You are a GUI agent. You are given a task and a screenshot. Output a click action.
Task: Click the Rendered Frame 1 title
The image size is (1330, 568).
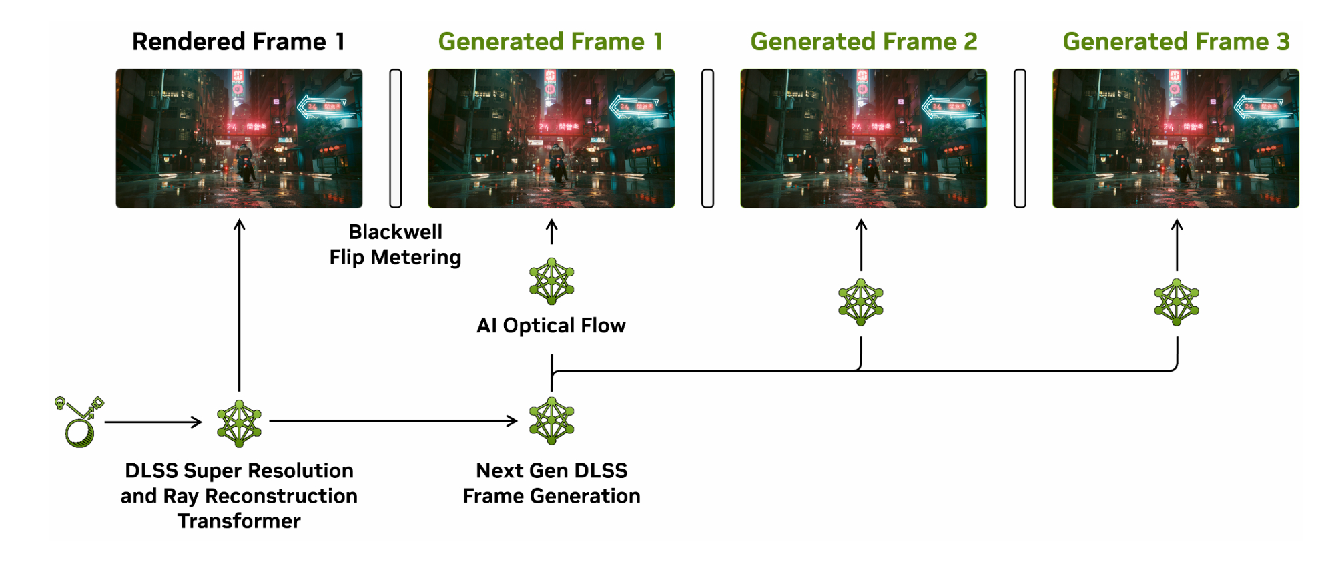[x=238, y=42]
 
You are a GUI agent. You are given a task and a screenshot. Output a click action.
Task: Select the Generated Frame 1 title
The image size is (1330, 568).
[x=551, y=42]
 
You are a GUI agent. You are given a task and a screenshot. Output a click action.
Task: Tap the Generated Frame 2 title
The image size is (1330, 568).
[x=864, y=42]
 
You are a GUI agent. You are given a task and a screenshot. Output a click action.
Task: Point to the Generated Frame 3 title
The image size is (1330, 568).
[x=1176, y=42]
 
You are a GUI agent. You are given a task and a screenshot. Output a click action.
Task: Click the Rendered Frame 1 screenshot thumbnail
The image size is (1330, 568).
[x=239, y=138]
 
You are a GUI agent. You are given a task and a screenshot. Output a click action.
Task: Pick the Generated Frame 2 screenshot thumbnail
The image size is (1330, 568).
[x=864, y=138]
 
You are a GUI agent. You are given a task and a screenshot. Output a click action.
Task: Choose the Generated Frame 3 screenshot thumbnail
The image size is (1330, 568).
[x=1176, y=138]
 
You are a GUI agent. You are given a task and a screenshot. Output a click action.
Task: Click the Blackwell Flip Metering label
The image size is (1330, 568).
[x=395, y=244]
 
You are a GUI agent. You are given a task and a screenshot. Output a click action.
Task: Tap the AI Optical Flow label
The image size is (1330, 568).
[x=551, y=326]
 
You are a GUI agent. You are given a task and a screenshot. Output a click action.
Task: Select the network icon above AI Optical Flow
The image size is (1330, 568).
[x=551, y=281]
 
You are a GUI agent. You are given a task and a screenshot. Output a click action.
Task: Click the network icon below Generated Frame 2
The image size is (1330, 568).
[x=861, y=302]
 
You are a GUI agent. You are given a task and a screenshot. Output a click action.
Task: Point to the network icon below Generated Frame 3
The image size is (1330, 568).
[x=1177, y=302]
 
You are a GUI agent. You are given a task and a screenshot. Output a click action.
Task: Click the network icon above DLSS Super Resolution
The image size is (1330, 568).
[x=239, y=423]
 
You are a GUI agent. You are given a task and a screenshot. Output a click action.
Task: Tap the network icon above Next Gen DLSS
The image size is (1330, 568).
[x=551, y=420]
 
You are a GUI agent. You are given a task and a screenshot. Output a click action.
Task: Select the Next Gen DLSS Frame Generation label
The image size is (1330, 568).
[x=551, y=483]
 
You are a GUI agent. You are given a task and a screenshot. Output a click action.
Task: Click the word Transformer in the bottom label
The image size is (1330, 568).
[x=239, y=521]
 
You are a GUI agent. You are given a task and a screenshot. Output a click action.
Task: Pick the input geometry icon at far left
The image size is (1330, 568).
[x=79, y=422]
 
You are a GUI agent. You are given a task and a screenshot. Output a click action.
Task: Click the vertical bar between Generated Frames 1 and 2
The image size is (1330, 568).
[x=708, y=138]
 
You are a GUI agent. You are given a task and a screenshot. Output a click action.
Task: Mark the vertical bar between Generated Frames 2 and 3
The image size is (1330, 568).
[x=1020, y=138]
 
